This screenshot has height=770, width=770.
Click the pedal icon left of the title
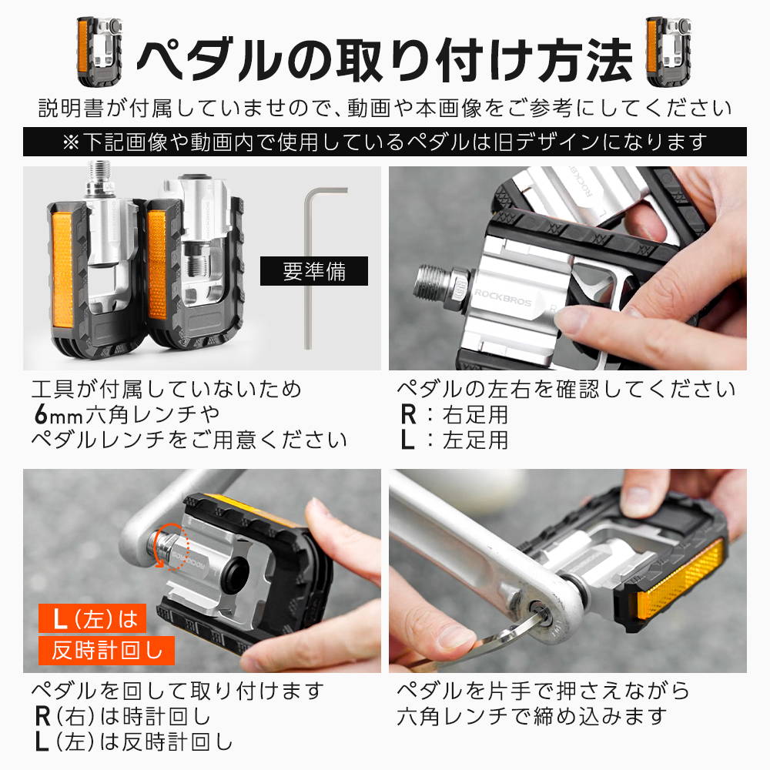tap(99, 51)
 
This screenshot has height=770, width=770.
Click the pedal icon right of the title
tap(668, 51)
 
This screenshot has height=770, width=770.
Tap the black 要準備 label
tap(314, 270)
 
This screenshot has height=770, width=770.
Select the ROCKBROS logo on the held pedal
tap(503, 297)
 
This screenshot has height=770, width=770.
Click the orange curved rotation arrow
tap(170, 546)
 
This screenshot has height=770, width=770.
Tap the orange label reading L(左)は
tap(92, 618)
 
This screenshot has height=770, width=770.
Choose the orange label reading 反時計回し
tap(106, 651)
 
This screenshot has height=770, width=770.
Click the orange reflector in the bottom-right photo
tap(681, 581)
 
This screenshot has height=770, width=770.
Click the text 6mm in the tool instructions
tap(58, 414)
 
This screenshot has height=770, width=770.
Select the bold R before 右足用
tap(409, 414)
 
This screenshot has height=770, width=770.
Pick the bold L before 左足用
tap(407, 440)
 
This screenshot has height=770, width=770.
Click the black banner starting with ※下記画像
tap(385, 142)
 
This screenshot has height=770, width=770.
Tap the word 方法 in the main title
tap(584, 60)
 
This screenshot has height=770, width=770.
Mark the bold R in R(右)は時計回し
tap(43, 716)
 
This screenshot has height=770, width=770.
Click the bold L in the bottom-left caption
tap(42, 742)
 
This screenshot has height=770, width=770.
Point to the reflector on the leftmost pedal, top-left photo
tap(62, 269)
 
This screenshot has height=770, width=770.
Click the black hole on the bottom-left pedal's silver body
tap(236, 572)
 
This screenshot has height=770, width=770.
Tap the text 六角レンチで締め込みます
tap(532, 716)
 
